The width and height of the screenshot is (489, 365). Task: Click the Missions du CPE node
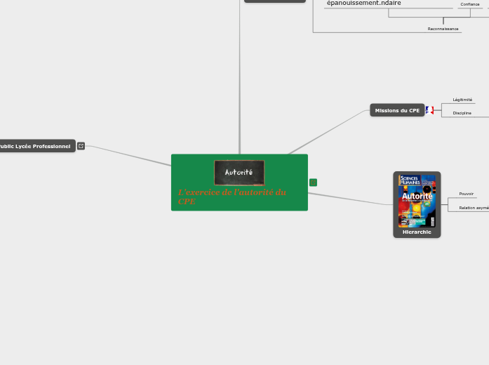point(397,110)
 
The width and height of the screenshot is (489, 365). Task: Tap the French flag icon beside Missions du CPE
point(429,110)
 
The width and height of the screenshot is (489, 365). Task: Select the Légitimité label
point(462,100)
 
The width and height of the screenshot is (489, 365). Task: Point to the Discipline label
point(462,113)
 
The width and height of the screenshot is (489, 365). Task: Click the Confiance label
point(470,4)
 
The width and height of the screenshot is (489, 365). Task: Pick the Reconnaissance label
point(443,29)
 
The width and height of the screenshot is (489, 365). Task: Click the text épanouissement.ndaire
point(363,4)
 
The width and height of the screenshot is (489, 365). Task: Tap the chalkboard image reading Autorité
point(239,172)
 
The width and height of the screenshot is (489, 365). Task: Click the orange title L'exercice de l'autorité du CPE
point(232,197)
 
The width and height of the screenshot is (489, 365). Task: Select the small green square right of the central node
point(313,182)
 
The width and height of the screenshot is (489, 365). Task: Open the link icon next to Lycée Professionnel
point(81,146)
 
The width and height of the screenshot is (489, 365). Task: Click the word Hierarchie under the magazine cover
point(417,232)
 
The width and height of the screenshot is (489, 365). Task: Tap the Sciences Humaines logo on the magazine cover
point(409,180)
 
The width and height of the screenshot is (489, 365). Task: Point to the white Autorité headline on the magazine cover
point(417,197)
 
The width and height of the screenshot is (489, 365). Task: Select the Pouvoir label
point(466,194)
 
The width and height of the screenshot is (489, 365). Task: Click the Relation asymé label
point(474,208)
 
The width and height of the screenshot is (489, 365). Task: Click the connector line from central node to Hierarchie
point(351,199)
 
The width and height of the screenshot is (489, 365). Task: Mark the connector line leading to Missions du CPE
point(330,131)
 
